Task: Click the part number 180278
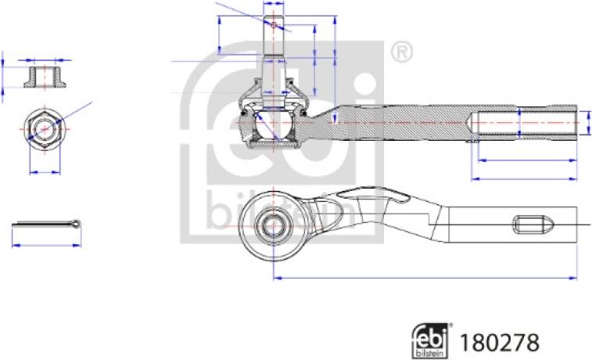499,343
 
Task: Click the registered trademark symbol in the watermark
401,52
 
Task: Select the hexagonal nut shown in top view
45,129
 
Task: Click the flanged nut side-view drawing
45,77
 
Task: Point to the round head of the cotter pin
77,224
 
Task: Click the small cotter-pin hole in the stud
274,25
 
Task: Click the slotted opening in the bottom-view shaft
533,225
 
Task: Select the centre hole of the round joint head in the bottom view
273,226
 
